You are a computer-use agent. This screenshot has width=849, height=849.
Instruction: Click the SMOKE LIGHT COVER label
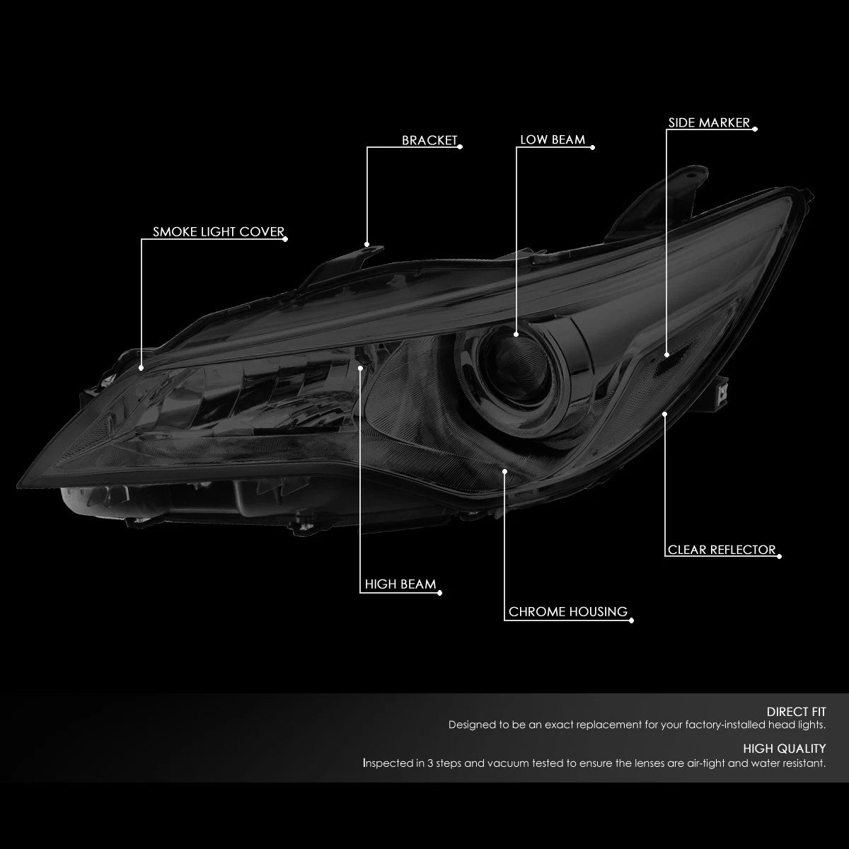219,232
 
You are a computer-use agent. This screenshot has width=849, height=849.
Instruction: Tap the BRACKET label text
429,140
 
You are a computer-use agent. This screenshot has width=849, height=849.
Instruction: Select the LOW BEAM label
553,139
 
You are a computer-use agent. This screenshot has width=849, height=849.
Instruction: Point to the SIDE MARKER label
709,122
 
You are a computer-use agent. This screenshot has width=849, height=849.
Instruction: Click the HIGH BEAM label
400,584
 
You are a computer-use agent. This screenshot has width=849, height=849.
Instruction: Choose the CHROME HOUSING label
568,611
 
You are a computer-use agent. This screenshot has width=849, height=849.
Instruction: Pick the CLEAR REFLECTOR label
722,550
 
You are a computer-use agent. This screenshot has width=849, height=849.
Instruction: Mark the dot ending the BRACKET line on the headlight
366,244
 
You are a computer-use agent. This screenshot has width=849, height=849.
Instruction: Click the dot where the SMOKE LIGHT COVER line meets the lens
141,368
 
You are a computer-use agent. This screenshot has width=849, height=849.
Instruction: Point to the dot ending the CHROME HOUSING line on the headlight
505,471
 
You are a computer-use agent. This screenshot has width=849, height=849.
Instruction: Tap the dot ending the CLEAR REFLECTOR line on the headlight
665,414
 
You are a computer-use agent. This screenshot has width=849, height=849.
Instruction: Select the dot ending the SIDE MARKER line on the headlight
666,354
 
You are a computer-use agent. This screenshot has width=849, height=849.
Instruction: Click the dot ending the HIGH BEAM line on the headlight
360,368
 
